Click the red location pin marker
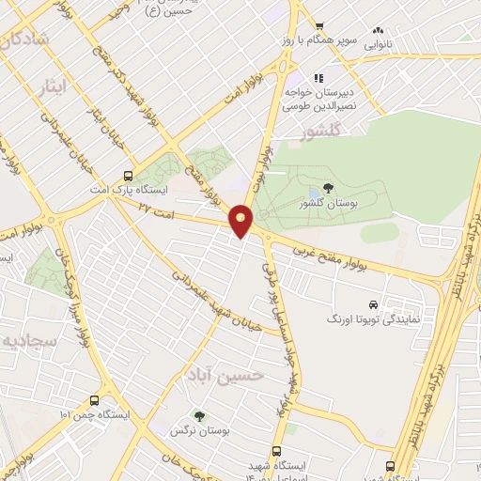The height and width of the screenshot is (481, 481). pyautogui.click(x=241, y=220)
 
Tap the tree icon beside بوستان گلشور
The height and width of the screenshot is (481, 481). pyautogui.click(x=327, y=191)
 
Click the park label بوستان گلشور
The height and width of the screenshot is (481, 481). pyautogui.click(x=326, y=204)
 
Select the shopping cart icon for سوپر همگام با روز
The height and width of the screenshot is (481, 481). pyautogui.click(x=320, y=26)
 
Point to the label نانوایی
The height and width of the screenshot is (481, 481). pyautogui.click(x=378, y=43)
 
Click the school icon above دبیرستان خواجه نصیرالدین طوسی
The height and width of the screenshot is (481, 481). pyautogui.click(x=319, y=76)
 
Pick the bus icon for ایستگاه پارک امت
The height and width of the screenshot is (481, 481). pyautogui.click(x=129, y=176)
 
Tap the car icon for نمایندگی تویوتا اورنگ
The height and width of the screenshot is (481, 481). pyautogui.click(x=374, y=304)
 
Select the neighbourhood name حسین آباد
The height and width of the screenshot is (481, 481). pyautogui.click(x=222, y=375)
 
